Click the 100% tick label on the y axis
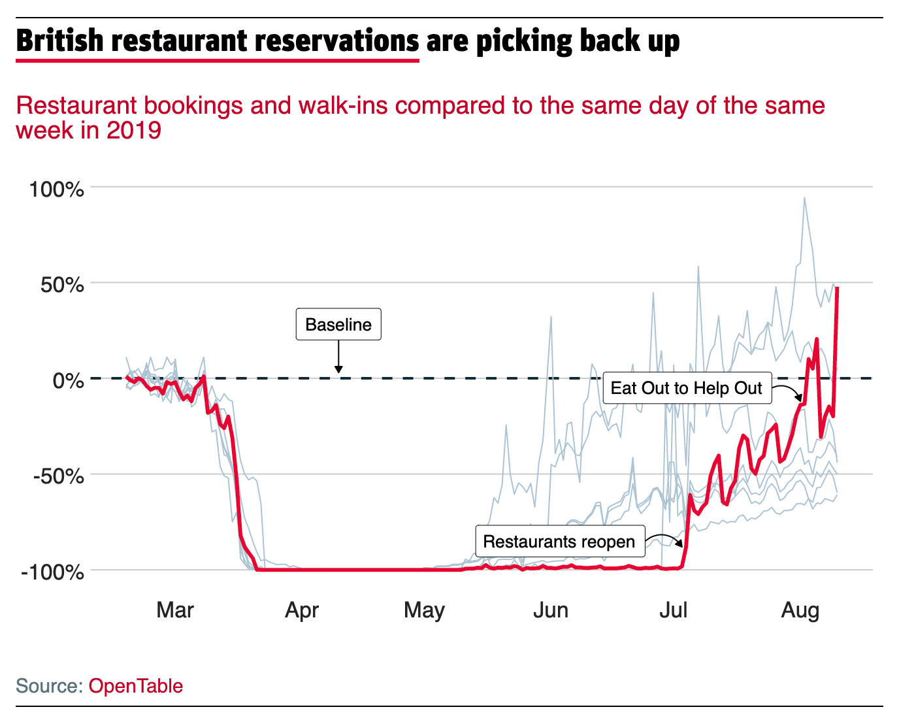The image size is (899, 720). [57, 189]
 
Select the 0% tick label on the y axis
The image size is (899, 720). [68, 380]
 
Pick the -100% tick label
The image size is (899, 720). [53, 572]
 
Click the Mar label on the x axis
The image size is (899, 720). [175, 610]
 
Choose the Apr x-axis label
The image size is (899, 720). [302, 610]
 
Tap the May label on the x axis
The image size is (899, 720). [424, 610]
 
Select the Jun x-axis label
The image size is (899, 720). [551, 610]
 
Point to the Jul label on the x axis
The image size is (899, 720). [673, 610]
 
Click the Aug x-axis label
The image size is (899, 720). [800, 610]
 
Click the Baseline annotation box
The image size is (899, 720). [338, 325]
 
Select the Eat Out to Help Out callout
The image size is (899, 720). [687, 388]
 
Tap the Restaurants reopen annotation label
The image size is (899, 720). [559, 542]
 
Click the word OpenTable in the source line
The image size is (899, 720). [136, 686]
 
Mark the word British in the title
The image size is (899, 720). [59, 41]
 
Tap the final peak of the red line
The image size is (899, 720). [838, 287]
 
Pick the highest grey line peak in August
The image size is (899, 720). [804, 198]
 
